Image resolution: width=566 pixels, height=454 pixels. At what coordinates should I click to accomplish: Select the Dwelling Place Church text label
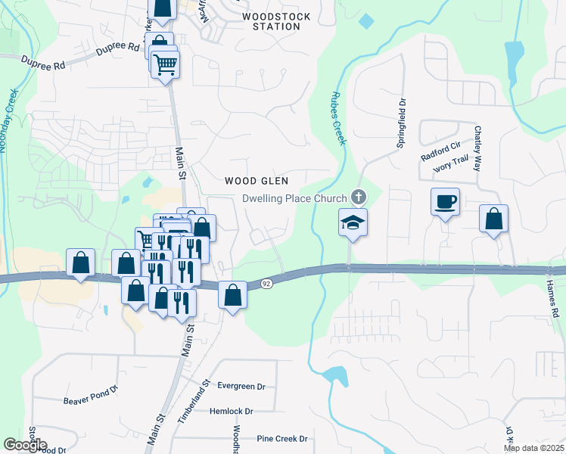(294, 199)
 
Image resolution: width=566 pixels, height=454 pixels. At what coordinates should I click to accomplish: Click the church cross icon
(359, 198)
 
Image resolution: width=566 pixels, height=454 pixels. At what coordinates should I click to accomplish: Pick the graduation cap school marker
(352, 222)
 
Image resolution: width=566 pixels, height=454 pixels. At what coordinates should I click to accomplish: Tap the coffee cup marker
(445, 202)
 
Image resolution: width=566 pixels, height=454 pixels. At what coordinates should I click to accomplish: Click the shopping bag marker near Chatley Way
(493, 219)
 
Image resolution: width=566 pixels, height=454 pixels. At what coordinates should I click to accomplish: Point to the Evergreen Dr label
(241, 386)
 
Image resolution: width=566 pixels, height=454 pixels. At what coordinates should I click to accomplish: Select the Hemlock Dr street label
(232, 412)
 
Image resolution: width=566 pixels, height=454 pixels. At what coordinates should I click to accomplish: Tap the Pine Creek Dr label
(282, 439)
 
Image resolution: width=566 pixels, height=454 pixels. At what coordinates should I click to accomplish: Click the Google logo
(25, 444)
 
